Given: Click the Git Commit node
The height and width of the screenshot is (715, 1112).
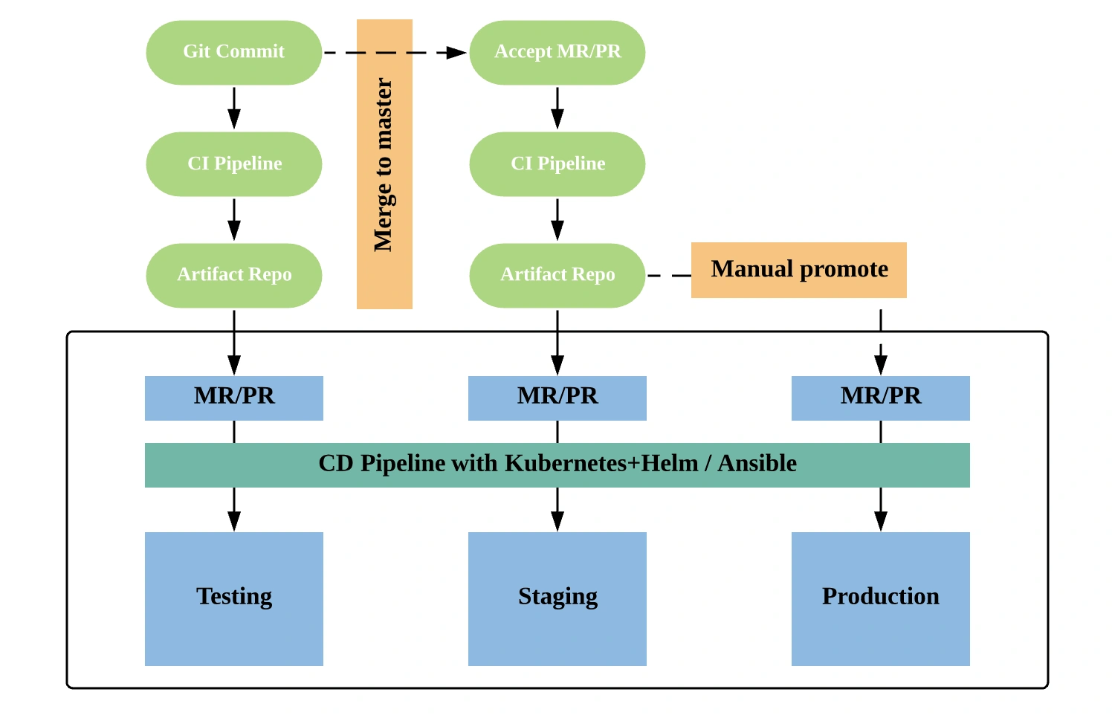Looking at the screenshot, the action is coord(234,52).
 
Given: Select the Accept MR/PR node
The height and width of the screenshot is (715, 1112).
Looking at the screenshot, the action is coord(557,52).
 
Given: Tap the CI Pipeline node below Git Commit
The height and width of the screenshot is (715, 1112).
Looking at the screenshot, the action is coord(234,164).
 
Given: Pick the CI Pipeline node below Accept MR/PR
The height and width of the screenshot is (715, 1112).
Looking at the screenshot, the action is coord(557,164).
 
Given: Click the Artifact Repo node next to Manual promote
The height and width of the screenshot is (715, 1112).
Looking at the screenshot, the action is coord(557,276).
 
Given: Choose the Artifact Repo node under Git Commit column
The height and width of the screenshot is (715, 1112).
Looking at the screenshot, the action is coord(234,276).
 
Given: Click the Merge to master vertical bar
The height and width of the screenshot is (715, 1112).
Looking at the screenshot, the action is coord(384,164).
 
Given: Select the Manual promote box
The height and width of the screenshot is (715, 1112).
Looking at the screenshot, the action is coord(799,270).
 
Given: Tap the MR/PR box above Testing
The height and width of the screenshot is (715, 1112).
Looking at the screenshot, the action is coord(234,398).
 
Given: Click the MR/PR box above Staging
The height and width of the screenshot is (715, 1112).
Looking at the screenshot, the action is coord(557,398).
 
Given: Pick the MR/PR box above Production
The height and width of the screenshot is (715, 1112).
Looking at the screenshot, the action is coord(880,398).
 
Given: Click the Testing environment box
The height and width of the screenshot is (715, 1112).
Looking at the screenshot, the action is coord(234,599).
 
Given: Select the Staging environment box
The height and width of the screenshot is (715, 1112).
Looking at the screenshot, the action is coord(557,599).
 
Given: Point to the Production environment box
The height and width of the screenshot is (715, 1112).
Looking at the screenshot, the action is coord(880,599).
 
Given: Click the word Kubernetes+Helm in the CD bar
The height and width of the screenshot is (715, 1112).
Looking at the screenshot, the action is coord(601,463).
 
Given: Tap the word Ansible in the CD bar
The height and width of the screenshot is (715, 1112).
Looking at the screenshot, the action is coord(757,463).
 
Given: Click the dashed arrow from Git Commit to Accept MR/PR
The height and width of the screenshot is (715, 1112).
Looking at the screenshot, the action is coord(395,52).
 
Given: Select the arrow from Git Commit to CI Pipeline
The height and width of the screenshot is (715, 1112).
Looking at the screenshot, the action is coord(234,109).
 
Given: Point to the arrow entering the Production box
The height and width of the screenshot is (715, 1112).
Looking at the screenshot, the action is coord(881,509).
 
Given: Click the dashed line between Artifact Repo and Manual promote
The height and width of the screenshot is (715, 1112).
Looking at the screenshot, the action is coord(669,276).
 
